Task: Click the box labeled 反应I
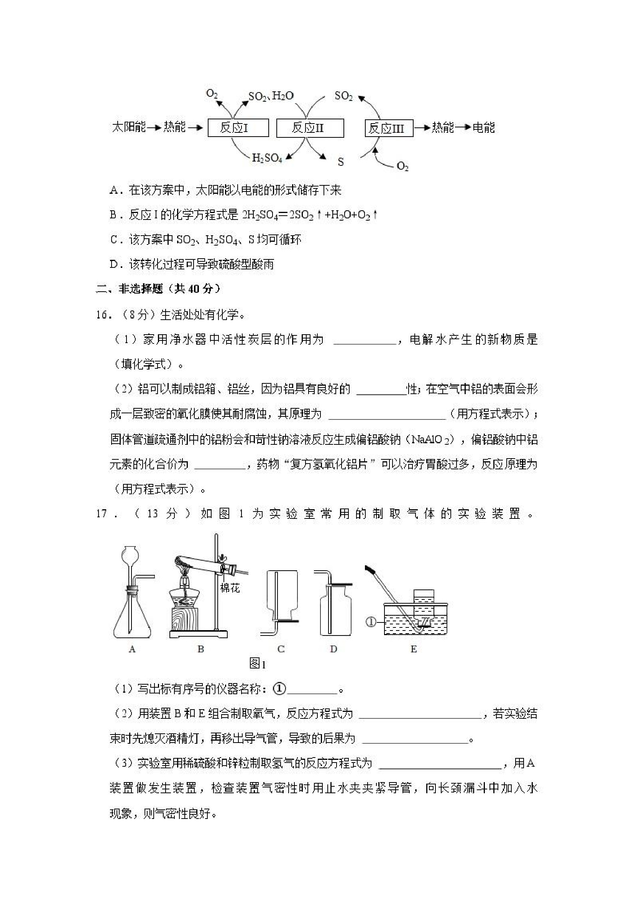pos(238,128)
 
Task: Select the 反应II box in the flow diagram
pos(310,128)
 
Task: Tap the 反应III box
pos(389,128)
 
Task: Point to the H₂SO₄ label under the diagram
pos(267,158)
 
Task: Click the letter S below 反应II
pos(341,162)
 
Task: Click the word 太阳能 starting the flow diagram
pos(129,127)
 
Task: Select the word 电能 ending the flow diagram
pos(484,127)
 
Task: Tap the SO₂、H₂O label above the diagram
pos(271,96)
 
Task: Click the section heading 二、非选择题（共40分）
pos(159,289)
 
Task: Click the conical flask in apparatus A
pos(132,618)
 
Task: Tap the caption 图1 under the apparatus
pos(258,664)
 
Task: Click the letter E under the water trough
pos(414,649)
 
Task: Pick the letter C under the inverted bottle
pos(281,649)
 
